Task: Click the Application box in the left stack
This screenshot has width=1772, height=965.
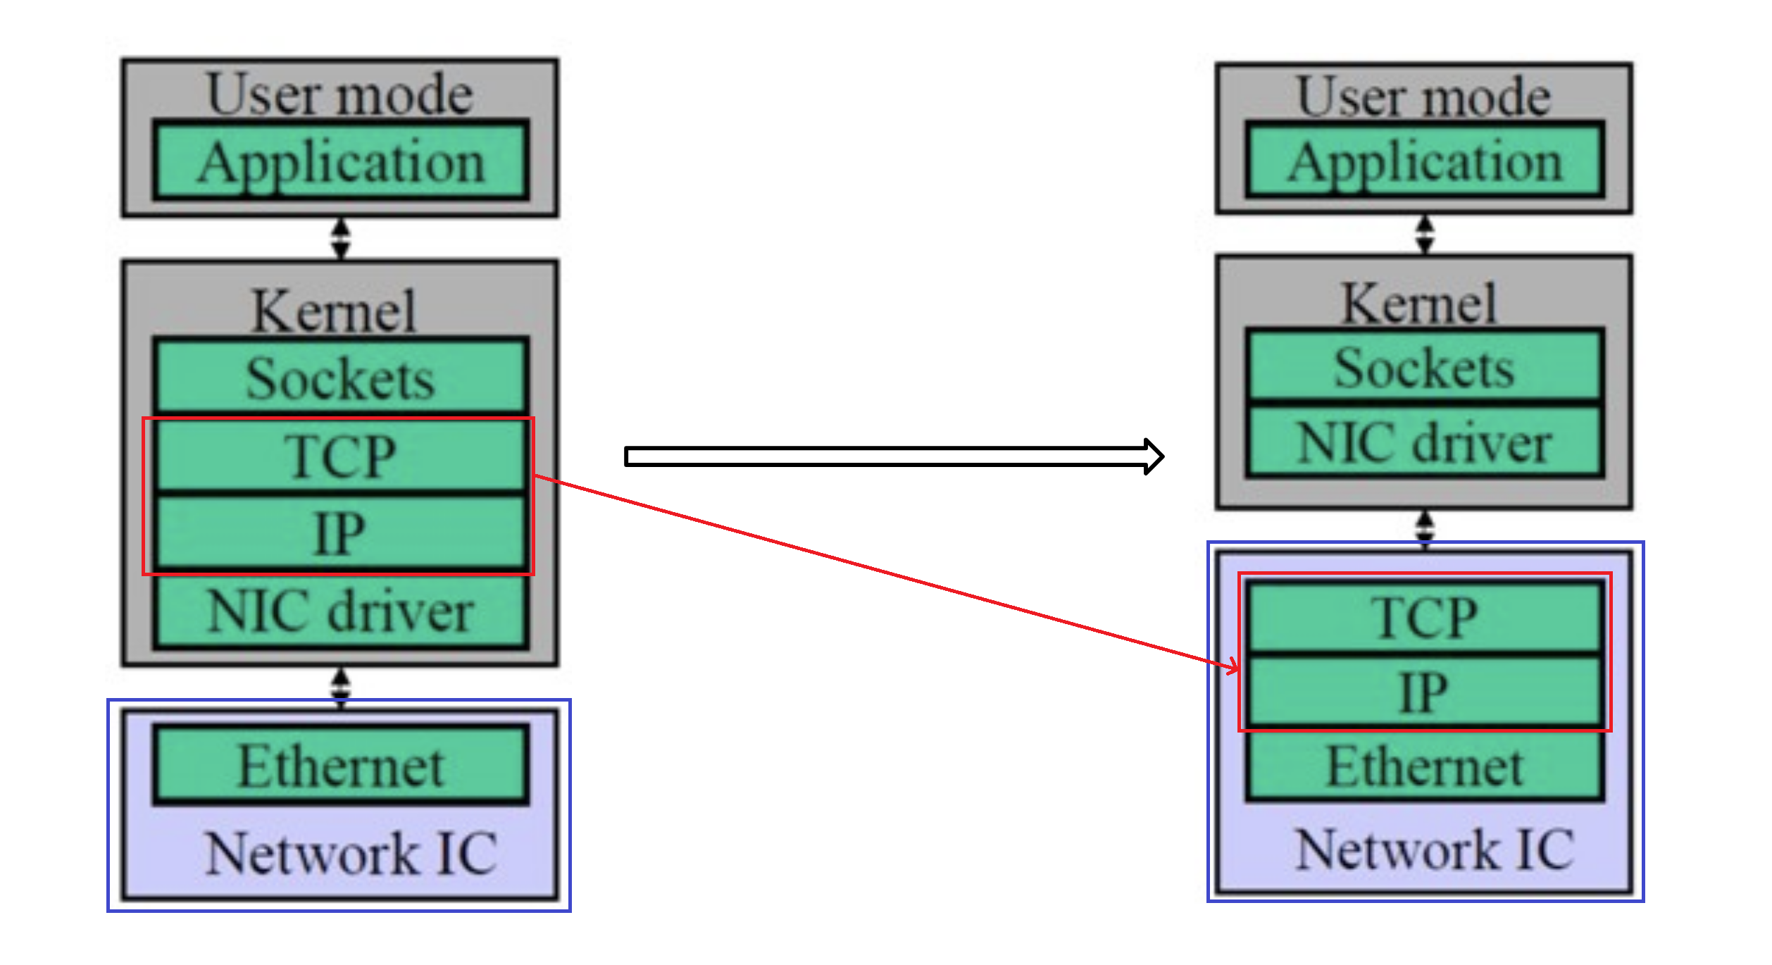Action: tap(341, 161)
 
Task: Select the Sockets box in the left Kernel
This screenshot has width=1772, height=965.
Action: tap(341, 377)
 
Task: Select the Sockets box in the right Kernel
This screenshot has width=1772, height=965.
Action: tap(1424, 366)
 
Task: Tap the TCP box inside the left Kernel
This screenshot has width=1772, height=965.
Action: tap(341, 456)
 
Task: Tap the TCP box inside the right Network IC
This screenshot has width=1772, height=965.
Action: tap(1424, 617)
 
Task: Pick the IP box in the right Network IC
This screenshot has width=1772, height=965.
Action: tap(1424, 692)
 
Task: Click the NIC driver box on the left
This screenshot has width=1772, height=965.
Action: tap(341, 611)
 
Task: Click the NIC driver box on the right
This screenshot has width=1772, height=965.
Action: tap(1424, 442)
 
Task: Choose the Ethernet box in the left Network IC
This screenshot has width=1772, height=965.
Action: tap(341, 766)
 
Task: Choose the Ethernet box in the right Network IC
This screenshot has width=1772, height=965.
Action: tap(1424, 766)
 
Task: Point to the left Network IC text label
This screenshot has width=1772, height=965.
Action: tap(351, 853)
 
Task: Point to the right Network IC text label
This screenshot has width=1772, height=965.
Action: tap(1434, 849)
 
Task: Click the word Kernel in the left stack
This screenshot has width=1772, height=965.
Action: tap(334, 311)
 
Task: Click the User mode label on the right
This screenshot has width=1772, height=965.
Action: tap(1423, 96)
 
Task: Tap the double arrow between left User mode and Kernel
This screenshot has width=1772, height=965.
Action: tap(341, 238)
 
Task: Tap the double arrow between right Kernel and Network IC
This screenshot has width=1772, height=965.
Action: tap(1424, 527)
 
